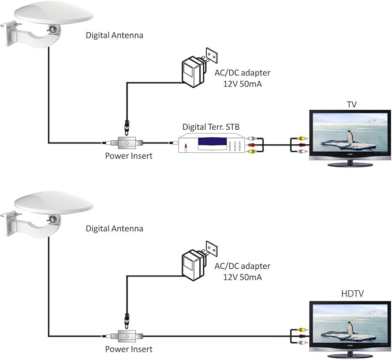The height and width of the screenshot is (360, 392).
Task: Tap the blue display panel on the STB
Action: point(215,142)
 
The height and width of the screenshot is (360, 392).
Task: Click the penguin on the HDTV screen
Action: point(350,328)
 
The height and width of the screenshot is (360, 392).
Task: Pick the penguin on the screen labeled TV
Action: point(350,137)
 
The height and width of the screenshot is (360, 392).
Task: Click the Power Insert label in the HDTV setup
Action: point(128,349)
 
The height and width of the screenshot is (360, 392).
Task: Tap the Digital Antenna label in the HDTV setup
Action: point(114,228)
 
